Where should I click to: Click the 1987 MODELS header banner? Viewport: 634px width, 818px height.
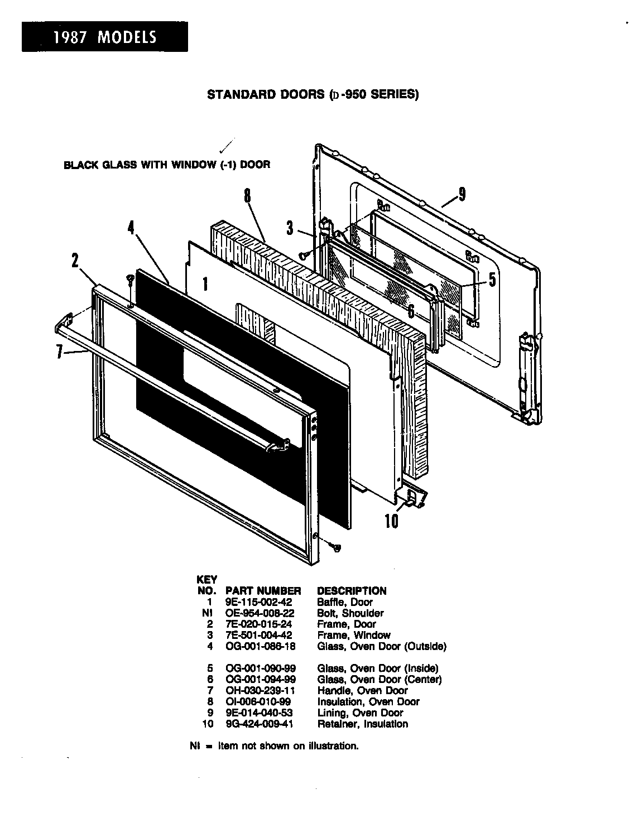tap(105, 37)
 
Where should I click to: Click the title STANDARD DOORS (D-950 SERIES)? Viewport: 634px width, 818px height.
tap(313, 94)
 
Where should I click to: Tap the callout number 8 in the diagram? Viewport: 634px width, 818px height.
tap(247, 197)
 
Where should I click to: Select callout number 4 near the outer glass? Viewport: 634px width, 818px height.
tap(131, 229)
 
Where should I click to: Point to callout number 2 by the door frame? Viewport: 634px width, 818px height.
tap(75, 261)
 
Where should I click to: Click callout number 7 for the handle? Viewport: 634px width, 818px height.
tap(59, 353)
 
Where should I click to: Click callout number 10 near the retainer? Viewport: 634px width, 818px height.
tap(391, 521)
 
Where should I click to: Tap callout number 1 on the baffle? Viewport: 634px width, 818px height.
tap(205, 285)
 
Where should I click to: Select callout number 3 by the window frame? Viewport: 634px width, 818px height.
tap(290, 228)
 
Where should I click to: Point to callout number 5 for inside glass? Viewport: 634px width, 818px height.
tap(492, 279)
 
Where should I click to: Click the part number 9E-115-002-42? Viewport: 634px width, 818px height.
tap(258, 602)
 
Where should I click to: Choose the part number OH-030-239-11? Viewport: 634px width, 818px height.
tap(260, 690)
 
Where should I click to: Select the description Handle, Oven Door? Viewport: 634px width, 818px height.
tap(362, 690)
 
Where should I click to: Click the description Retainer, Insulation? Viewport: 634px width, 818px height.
tap(362, 724)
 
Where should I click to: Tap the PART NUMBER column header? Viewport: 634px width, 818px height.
tap(263, 590)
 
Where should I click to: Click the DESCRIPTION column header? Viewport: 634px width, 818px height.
tap(352, 590)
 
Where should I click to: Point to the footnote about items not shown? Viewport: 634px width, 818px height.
tap(274, 745)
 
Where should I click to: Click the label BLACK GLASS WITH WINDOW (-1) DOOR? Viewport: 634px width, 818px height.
tap(167, 165)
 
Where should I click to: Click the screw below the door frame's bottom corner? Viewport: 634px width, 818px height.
tap(336, 547)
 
